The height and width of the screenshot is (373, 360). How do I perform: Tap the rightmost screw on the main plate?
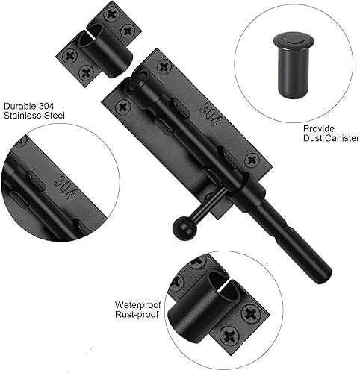(x=252, y=159)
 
